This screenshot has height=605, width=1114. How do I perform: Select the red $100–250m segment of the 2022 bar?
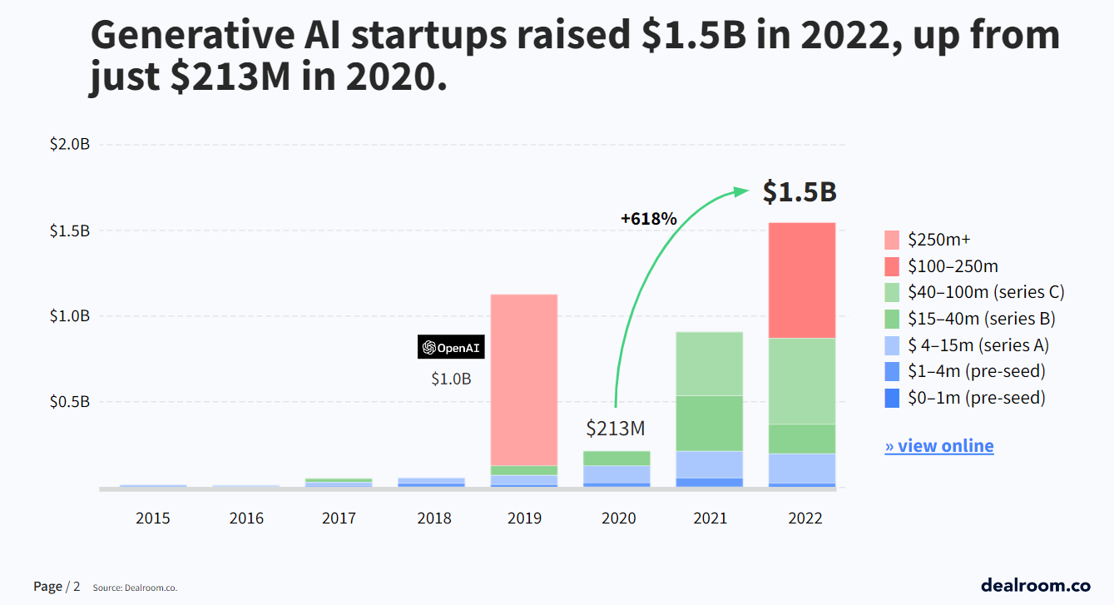[801, 280]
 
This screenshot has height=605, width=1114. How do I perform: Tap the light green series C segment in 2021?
[709, 363]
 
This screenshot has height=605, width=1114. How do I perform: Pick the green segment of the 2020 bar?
[616, 458]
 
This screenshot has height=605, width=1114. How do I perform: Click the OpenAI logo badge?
[451, 348]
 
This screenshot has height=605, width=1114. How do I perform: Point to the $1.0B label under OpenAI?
[451, 379]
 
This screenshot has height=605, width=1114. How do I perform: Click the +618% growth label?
[649, 219]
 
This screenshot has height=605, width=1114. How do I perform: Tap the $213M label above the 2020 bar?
[616, 429]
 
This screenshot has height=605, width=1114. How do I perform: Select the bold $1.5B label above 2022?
[800, 192]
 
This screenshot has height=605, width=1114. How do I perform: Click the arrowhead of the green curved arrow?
[741, 191]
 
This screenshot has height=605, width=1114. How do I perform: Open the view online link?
[939, 446]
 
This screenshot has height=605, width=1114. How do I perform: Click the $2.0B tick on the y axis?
[69, 145]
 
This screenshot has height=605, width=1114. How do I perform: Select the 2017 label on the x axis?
[339, 518]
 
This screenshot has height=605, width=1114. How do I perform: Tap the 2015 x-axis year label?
[153, 518]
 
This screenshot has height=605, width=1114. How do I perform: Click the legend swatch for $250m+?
[892, 241]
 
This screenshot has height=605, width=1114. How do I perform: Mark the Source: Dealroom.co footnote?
[135, 588]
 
